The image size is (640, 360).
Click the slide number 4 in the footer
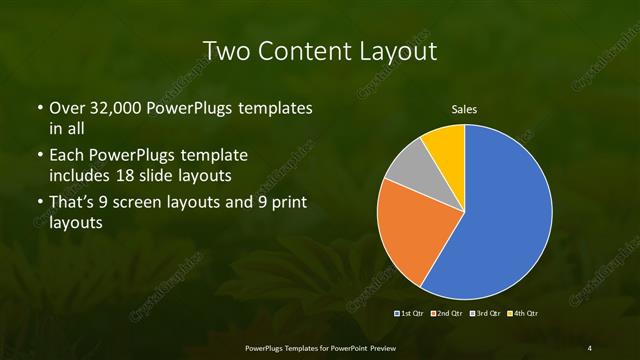pos(589,347)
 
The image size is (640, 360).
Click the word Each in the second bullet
pos(66,156)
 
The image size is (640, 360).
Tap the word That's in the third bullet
pos(74,204)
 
